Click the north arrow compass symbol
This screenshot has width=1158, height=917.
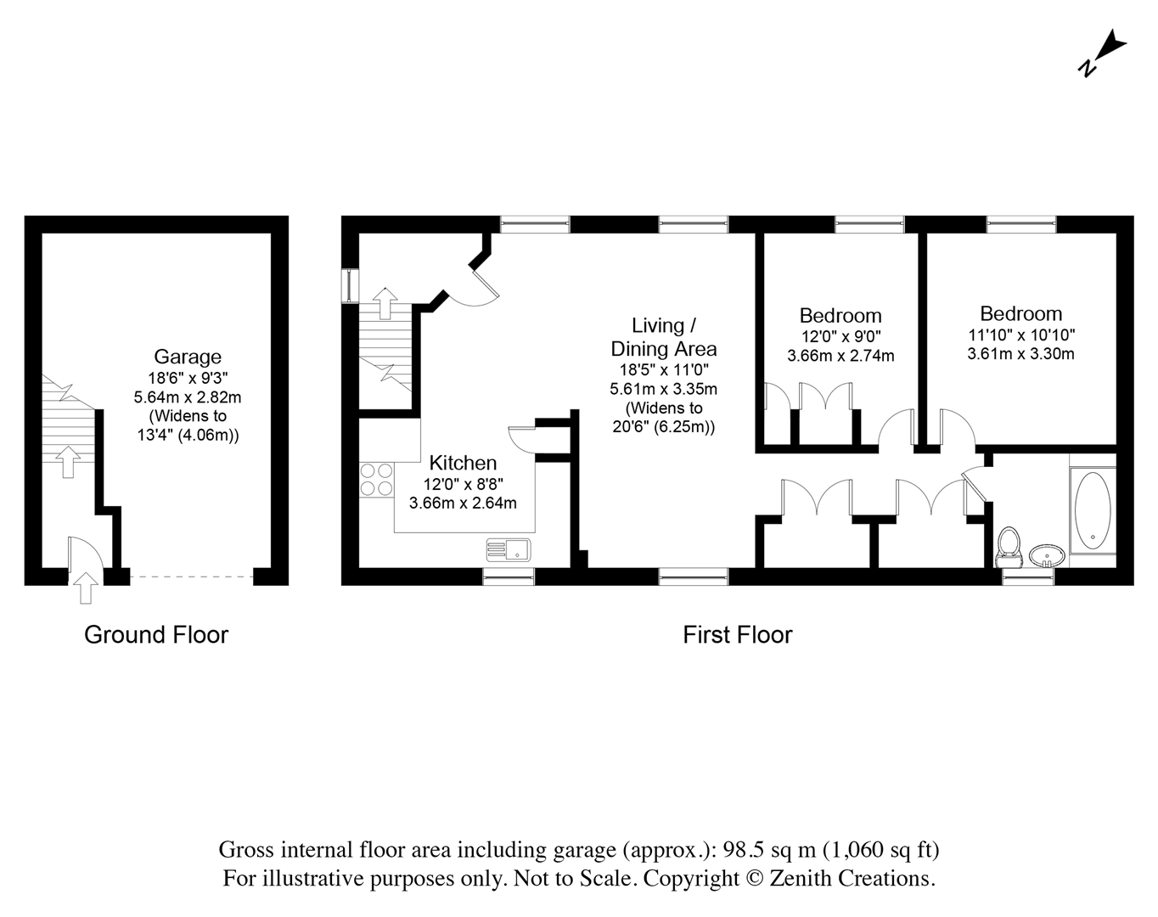pyautogui.click(x=1103, y=53)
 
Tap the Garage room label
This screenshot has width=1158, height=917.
pyautogui.click(x=187, y=357)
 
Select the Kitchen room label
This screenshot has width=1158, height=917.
pyautogui.click(x=463, y=463)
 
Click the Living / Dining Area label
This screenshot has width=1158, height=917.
pyautogui.click(x=664, y=337)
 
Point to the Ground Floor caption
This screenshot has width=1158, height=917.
pyautogui.click(x=156, y=634)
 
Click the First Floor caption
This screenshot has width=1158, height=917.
pyautogui.click(x=737, y=634)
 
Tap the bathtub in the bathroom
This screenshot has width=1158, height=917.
pyautogui.click(x=1092, y=509)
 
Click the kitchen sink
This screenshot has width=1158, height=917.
pyautogui.click(x=508, y=549)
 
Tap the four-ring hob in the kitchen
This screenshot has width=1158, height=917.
pyautogui.click(x=376, y=479)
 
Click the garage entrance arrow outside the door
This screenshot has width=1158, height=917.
pyautogui.click(x=84, y=588)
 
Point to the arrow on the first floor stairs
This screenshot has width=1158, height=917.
pyautogui.click(x=385, y=301)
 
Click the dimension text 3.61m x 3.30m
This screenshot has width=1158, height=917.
pyautogui.click(x=1020, y=353)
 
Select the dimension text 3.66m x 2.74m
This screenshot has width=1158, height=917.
pyautogui.click(x=840, y=356)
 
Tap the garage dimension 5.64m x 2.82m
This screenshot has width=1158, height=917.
pyautogui.click(x=187, y=397)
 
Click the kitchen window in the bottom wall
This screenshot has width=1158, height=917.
pyautogui.click(x=509, y=577)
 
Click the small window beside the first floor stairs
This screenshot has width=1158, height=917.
pyautogui.click(x=350, y=285)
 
